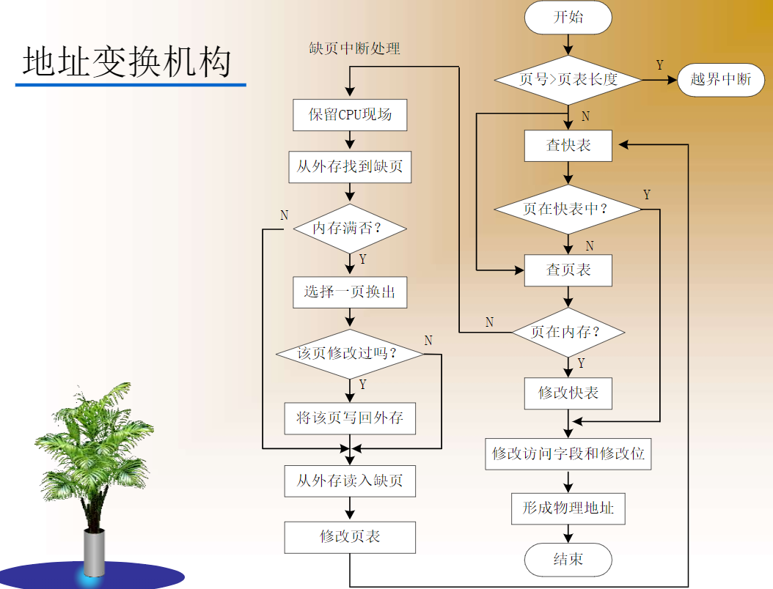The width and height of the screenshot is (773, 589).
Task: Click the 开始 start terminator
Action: point(568,18)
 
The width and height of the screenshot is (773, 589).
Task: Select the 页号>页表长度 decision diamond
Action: point(568,79)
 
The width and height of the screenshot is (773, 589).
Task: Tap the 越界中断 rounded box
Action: point(720,79)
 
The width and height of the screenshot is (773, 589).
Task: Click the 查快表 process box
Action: point(568,145)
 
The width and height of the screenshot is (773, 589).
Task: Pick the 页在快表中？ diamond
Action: point(568,209)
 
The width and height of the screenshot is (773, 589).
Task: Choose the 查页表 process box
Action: point(568,270)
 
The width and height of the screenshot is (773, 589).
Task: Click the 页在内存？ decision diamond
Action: point(568,332)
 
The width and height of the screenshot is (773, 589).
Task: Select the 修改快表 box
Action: point(568,393)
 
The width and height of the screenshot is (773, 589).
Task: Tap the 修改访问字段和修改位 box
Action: point(568,453)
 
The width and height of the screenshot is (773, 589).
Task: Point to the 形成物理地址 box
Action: point(568,508)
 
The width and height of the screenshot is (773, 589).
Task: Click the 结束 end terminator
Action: point(568,560)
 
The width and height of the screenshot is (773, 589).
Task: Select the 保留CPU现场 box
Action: point(350,115)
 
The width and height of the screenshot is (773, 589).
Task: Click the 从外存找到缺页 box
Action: point(350,167)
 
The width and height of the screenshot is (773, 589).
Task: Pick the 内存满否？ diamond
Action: point(350,229)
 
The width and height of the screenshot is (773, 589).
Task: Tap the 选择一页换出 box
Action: point(350,292)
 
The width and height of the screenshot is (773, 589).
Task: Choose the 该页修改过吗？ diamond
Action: point(350,354)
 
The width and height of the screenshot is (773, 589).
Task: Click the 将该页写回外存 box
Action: point(350,418)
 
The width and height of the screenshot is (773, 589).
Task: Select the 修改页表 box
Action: point(350,537)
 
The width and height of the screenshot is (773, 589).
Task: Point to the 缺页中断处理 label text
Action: point(355,49)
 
